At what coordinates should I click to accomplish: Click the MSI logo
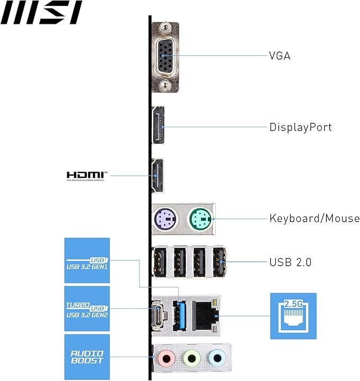click(x=41, y=13)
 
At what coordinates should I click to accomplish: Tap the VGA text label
click(x=279, y=55)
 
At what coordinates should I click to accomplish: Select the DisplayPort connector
click(x=159, y=127)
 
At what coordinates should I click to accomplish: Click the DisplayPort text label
click(x=300, y=127)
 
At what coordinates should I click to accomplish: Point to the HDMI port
click(x=157, y=176)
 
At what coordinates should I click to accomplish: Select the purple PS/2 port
click(x=165, y=218)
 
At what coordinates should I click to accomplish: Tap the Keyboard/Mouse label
click(x=314, y=218)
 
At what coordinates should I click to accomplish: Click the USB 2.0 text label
click(x=290, y=262)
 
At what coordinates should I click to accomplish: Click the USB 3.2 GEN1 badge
click(x=87, y=260)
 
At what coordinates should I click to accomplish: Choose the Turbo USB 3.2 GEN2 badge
click(x=87, y=309)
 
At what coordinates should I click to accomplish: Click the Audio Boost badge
click(x=87, y=357)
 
